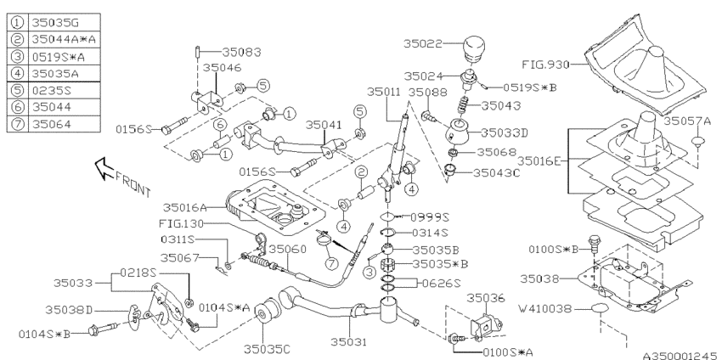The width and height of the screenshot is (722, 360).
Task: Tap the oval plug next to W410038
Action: pos(601,308)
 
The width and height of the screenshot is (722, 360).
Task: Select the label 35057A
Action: pos(689,121)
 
